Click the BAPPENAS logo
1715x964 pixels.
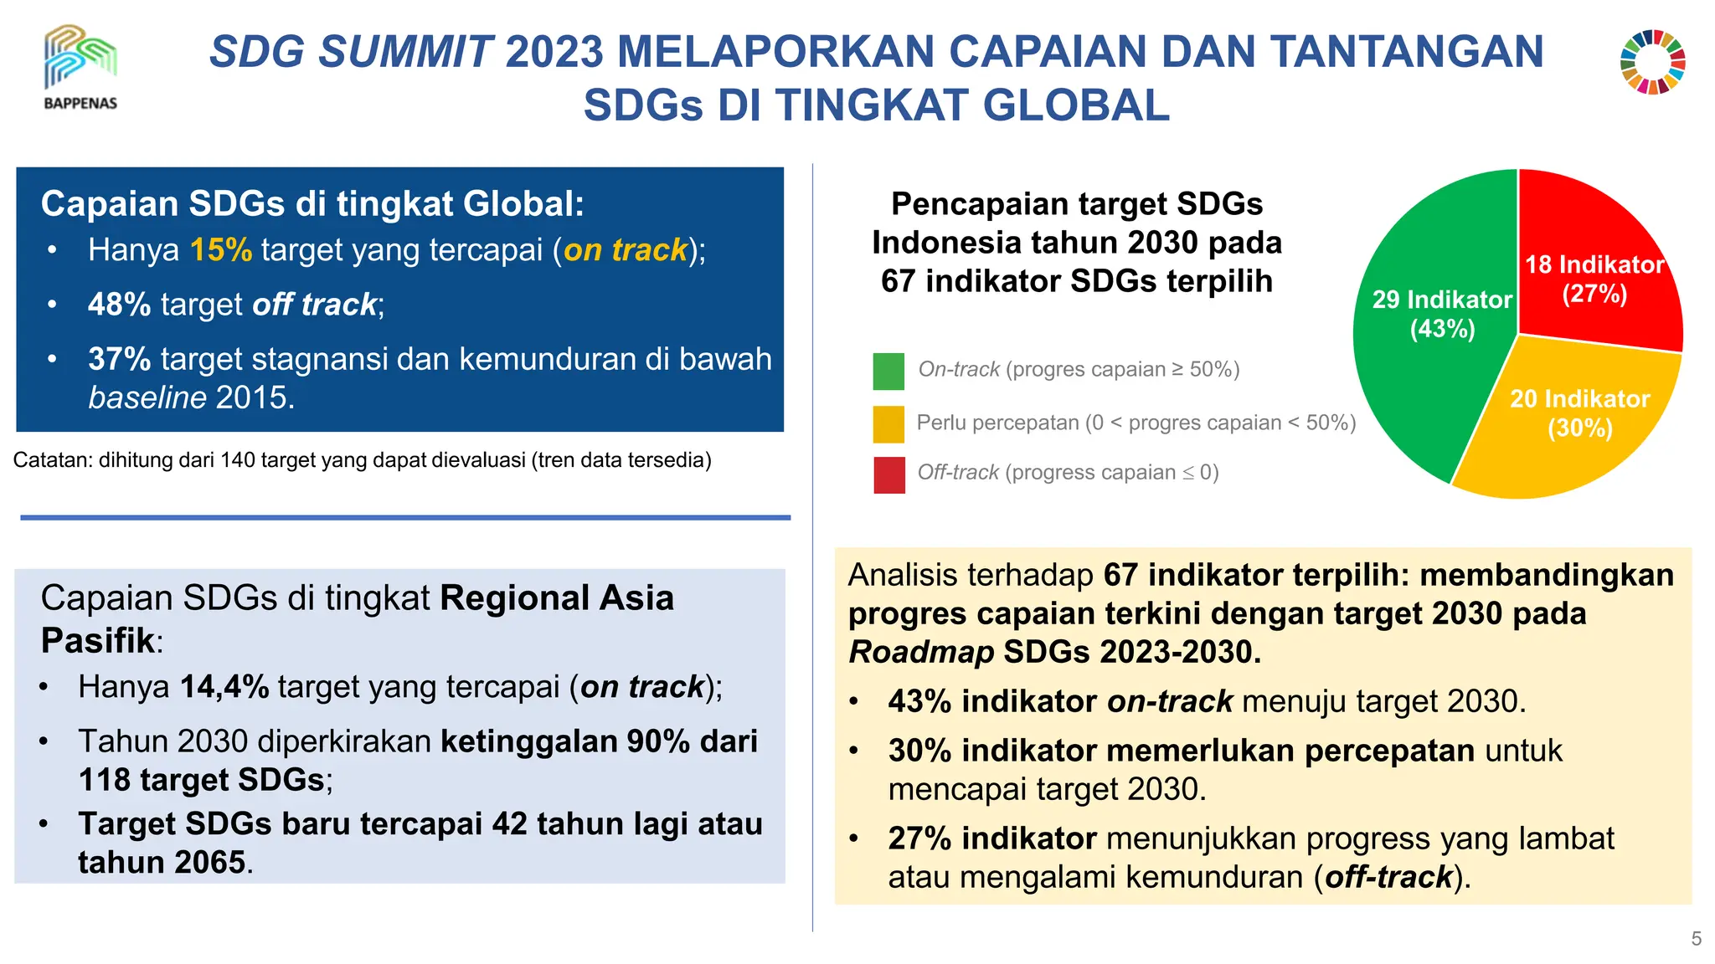[80, 67]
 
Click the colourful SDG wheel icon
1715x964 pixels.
[1652, 63]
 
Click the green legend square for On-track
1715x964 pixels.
[888, 371]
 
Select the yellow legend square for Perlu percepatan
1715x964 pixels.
[888, 423]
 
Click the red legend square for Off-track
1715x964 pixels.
[888, 474]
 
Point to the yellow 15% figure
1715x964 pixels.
[220, 250]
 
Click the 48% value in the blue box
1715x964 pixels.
[119, 305]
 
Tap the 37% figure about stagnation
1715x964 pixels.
[119, 359]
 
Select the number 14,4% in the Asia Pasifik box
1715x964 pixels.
[224, 687]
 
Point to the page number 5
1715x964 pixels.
[1696, 939]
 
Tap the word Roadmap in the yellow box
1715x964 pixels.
[921, 652]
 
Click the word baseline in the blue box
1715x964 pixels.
[147, 397]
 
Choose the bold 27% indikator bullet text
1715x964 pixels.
[992, 838]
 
